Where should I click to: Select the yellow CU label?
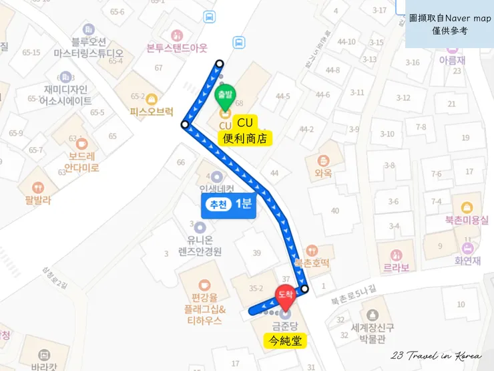pos(244,123)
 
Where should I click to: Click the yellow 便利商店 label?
pos(246,138)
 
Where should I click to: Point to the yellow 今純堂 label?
pos(282,341)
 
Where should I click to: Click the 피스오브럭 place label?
pos(152,112)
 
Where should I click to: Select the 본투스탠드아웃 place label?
pos(177,48)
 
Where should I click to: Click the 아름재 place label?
pos(451,59)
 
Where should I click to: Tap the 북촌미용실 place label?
pos(467,220)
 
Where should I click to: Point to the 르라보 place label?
pos(396,267)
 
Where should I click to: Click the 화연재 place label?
pos(467,261)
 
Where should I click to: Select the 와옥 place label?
pos(323,172)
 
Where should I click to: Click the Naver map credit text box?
pos(449,25)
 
